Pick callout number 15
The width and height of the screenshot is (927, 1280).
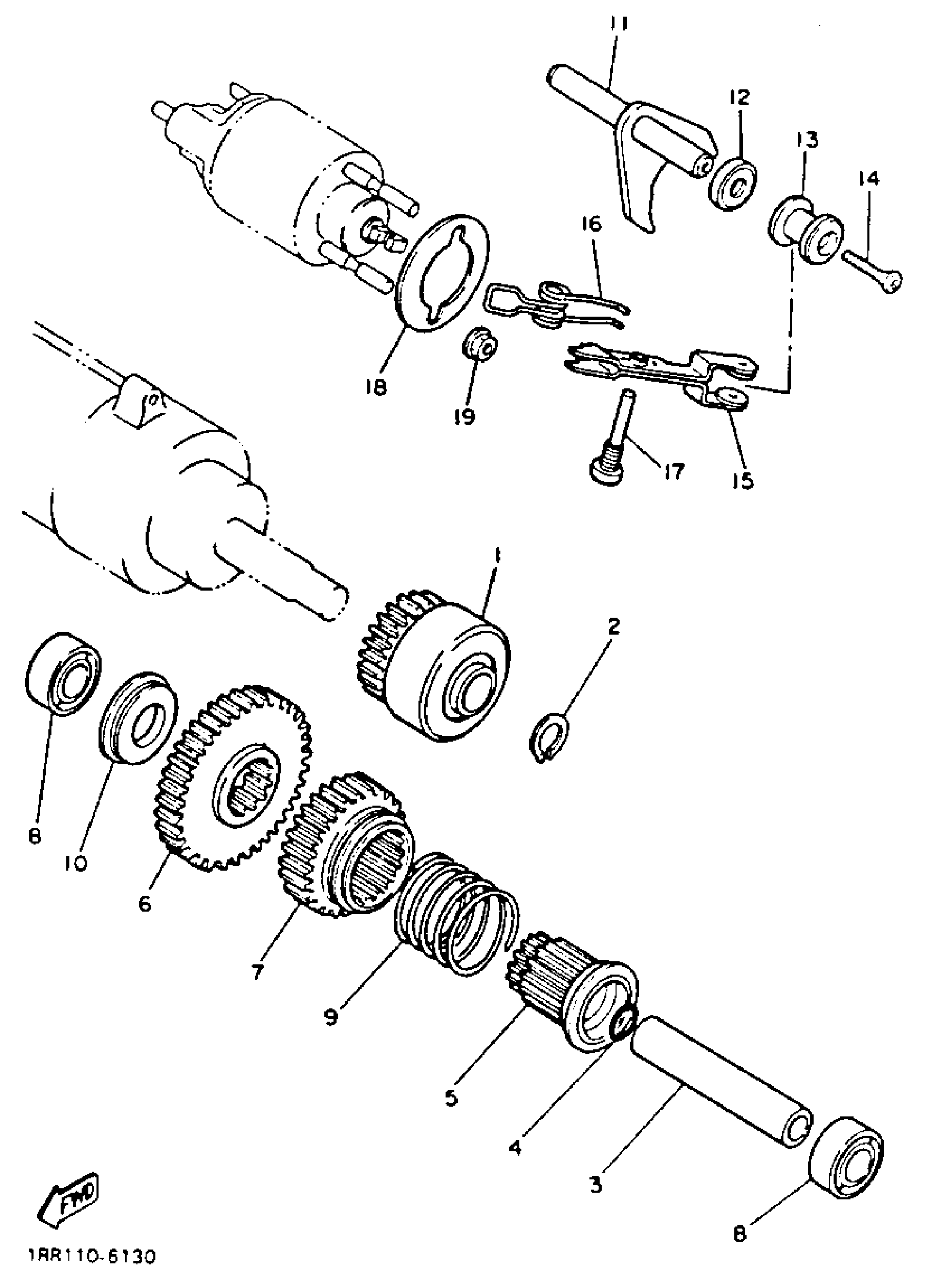[744, 481]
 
